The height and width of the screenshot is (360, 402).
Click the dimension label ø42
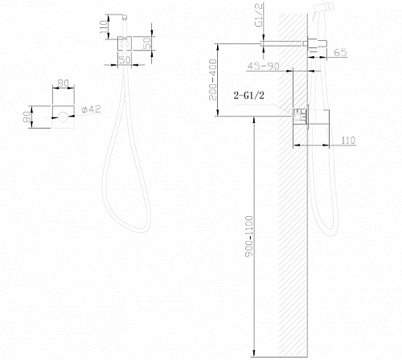[x=92, y=109]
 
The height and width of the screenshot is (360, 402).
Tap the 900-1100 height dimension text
[x=249, y=236]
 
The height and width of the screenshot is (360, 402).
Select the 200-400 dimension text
[x=213, y=80]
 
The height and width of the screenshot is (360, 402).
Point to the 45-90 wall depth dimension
[x=263, y=66]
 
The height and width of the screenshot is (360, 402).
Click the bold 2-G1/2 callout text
[x=249, y=96]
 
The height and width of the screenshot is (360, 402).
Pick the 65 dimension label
[x=340, y=52]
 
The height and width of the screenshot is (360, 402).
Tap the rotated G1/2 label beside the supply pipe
[x=260, y=15]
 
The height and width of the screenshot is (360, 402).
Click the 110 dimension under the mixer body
[x=348, y=140]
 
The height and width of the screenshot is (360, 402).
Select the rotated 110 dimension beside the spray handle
[x=104, y=27]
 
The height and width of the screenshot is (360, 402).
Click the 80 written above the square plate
[x=64, y=83]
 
